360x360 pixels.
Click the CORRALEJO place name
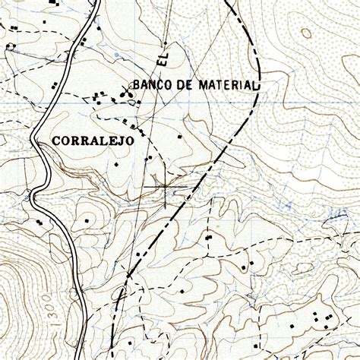93,141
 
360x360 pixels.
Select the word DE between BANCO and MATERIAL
184,84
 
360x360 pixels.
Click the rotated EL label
162,58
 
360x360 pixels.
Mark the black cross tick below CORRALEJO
166,185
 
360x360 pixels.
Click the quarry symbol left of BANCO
128,94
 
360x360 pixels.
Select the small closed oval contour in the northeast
306,33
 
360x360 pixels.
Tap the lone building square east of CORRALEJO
180,137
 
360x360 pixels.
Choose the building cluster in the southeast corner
319,319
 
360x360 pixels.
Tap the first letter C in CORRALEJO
57,141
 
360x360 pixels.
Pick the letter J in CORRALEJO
120,141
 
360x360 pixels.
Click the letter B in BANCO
136,84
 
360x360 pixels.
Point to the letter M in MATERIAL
202,84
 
